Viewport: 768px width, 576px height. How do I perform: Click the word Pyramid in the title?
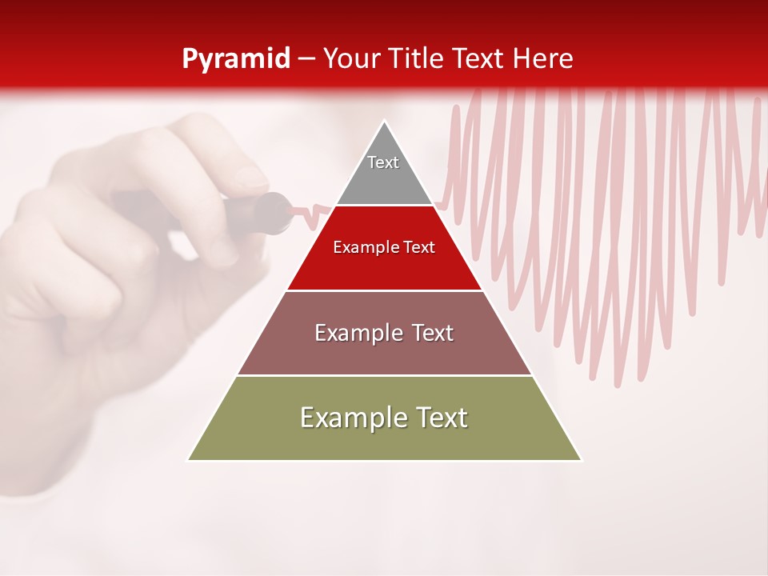coord(235,59)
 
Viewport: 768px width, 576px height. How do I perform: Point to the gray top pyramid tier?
coord(384,180)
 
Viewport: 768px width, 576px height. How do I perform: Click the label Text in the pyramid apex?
coord(383,162)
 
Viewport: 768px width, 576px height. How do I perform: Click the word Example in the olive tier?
coord(349,418)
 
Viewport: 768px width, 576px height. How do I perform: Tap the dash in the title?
coord(306,59)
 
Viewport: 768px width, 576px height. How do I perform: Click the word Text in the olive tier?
coord(440,418)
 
